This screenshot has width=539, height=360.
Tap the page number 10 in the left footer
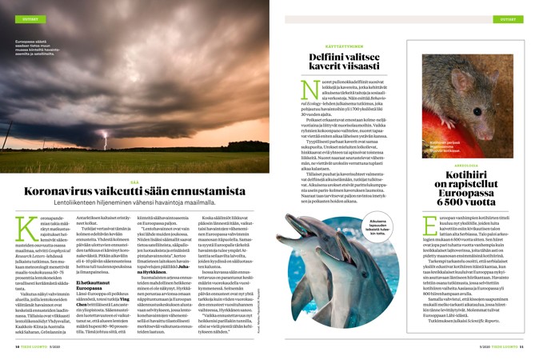[17, 346]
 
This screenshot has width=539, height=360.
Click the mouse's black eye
[489, 87]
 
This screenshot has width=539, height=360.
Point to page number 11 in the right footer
[521, 346]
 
